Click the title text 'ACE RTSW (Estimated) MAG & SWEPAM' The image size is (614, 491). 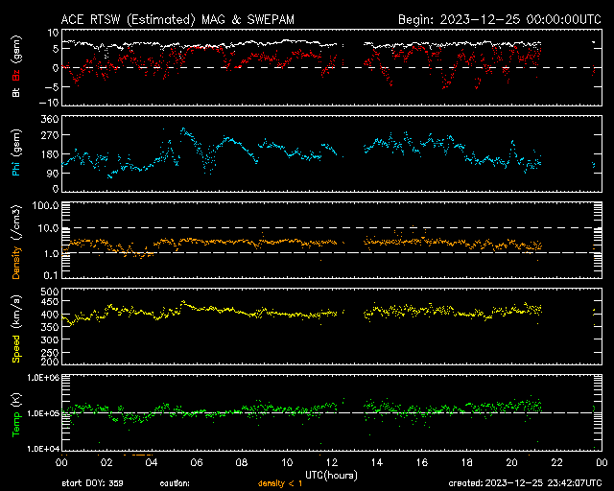tap(186, 18)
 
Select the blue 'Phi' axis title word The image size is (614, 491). tap(16, 170)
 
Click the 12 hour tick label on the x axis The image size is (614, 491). tap(333, 462)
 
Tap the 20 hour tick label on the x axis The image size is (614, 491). tap(511, 462)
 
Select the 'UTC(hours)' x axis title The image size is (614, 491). tap(332, 474)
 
